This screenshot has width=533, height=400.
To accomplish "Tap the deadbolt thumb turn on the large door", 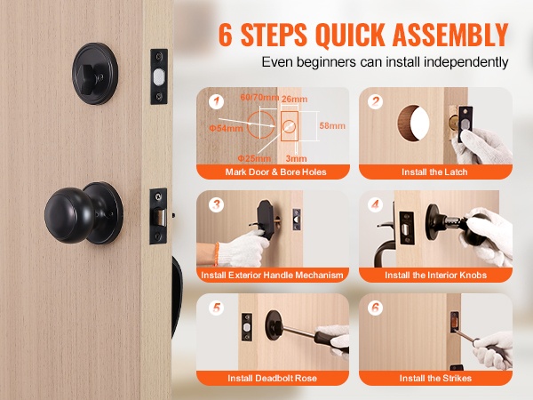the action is [88, 74].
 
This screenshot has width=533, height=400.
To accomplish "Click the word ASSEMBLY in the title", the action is [450, 35].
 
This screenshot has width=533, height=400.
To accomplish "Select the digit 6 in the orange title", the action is [226, 35].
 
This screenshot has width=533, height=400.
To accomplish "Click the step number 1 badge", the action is [216, 101].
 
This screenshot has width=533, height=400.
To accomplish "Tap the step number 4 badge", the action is [375, 204].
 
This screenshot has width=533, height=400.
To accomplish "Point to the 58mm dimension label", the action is [332, 126].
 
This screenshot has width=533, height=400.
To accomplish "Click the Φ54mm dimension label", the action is [226, 128].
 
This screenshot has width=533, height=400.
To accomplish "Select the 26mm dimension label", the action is [294, 99].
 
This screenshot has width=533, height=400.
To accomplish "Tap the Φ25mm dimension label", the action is [254, 158].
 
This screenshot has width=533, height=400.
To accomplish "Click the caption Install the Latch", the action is [434, 172].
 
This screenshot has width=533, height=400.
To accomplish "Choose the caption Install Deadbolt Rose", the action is [273, 379].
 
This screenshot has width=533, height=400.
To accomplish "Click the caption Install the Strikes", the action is [435, 379].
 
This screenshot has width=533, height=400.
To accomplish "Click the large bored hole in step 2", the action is [413, 124].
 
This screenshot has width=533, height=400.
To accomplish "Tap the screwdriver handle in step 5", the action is [327, 338].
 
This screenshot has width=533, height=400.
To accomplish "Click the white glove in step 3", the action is [242, 248].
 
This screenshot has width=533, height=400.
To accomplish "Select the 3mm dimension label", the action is [296, 158].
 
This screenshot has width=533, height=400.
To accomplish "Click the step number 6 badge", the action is [375, 308].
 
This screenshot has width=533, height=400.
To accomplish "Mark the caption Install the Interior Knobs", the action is [436, 276].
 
